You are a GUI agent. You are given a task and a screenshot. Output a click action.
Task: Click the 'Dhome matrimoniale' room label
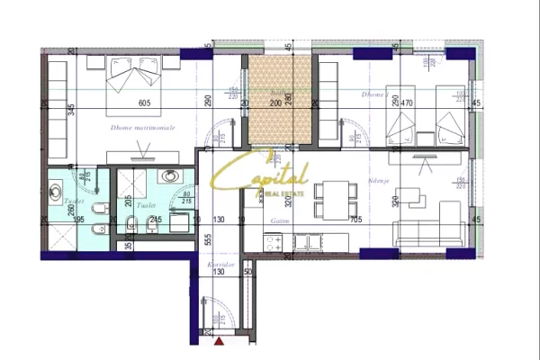(142, 128)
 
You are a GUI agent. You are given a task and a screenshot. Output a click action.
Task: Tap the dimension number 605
(142, 103)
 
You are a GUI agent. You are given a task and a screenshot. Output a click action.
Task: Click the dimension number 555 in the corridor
(207, 240)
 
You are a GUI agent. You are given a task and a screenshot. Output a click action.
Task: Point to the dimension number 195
(77, 220)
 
